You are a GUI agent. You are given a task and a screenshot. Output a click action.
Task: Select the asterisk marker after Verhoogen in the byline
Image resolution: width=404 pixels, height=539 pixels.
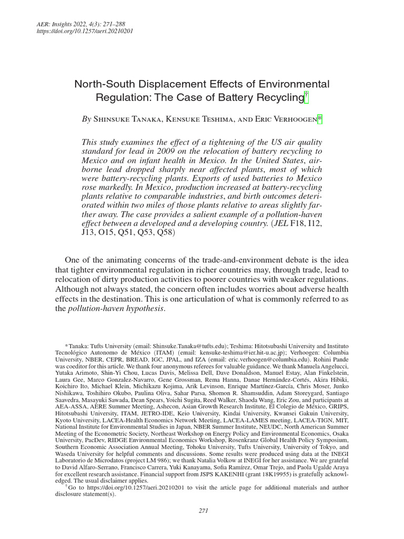pos(320,120)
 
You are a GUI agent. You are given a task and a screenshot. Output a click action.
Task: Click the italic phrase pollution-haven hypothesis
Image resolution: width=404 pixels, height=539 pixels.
pos(116,308)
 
